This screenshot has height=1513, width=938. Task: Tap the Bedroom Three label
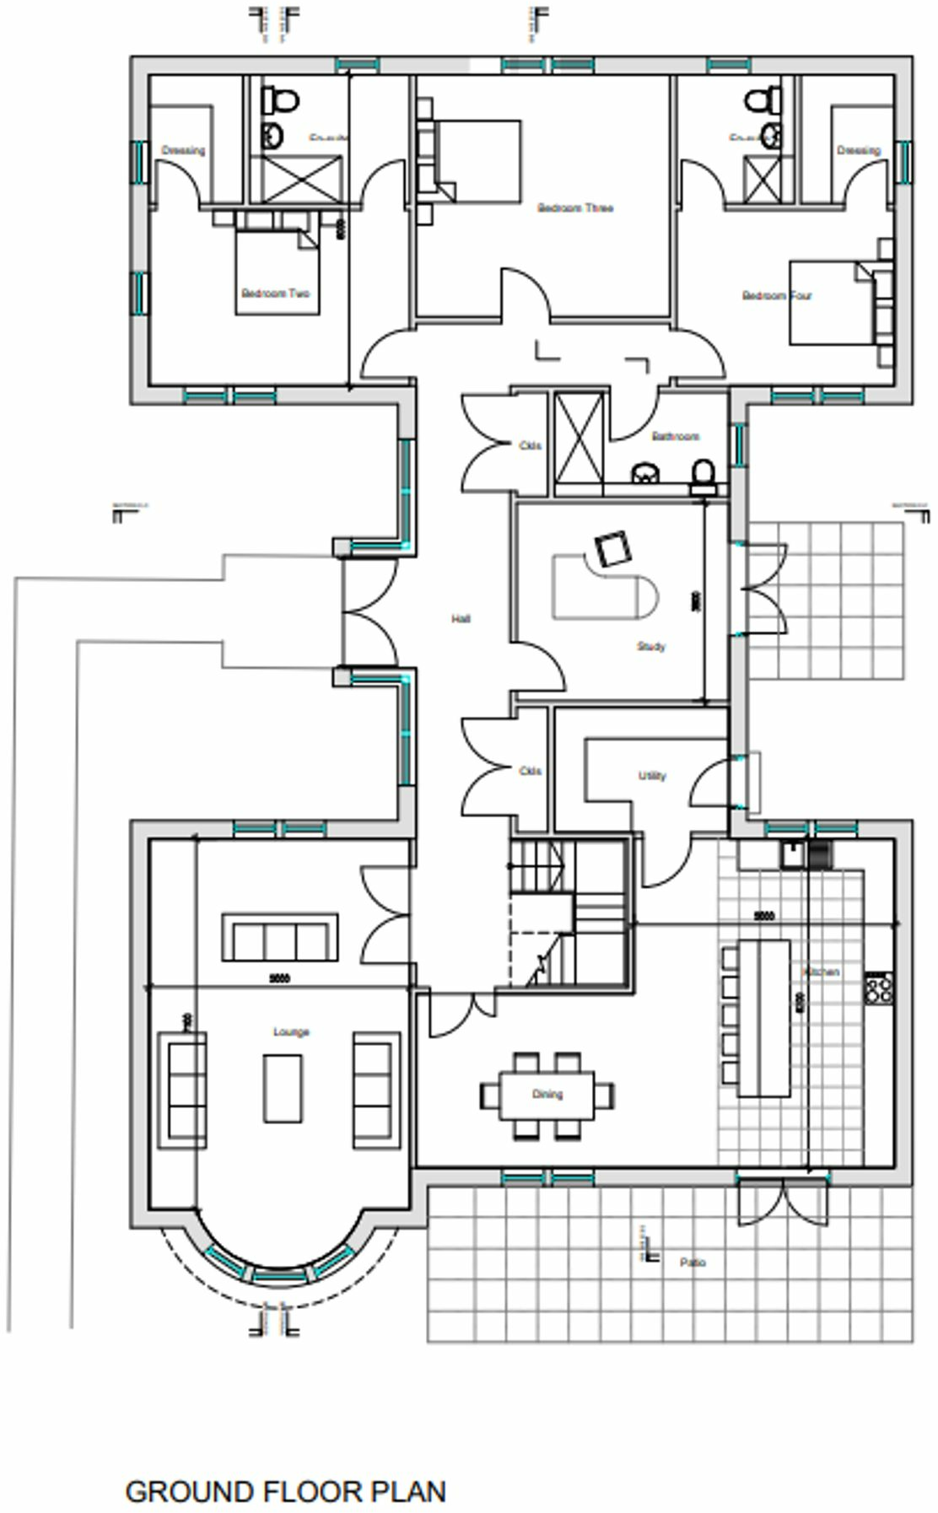coord(575,207)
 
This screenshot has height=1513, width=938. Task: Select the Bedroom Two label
coord(275,293)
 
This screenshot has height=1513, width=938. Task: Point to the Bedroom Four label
coord(777,296)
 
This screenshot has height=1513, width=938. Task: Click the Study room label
coord(650,647)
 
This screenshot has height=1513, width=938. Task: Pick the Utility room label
coord(652,776)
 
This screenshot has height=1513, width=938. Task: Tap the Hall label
coord(461,619)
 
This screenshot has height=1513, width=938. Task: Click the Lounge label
coord(291,1031)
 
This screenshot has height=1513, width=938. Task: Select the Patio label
coord(693,1263)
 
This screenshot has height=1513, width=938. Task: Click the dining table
coord(547,1095)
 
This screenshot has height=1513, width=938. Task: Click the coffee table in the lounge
coord(283,1088)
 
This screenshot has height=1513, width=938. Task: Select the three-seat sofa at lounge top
coord(280,937)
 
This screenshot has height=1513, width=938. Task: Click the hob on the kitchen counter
coord(879,987)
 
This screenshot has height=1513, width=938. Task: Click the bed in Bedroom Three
coord(477,161)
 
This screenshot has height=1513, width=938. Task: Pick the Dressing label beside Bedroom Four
coord(858,151)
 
